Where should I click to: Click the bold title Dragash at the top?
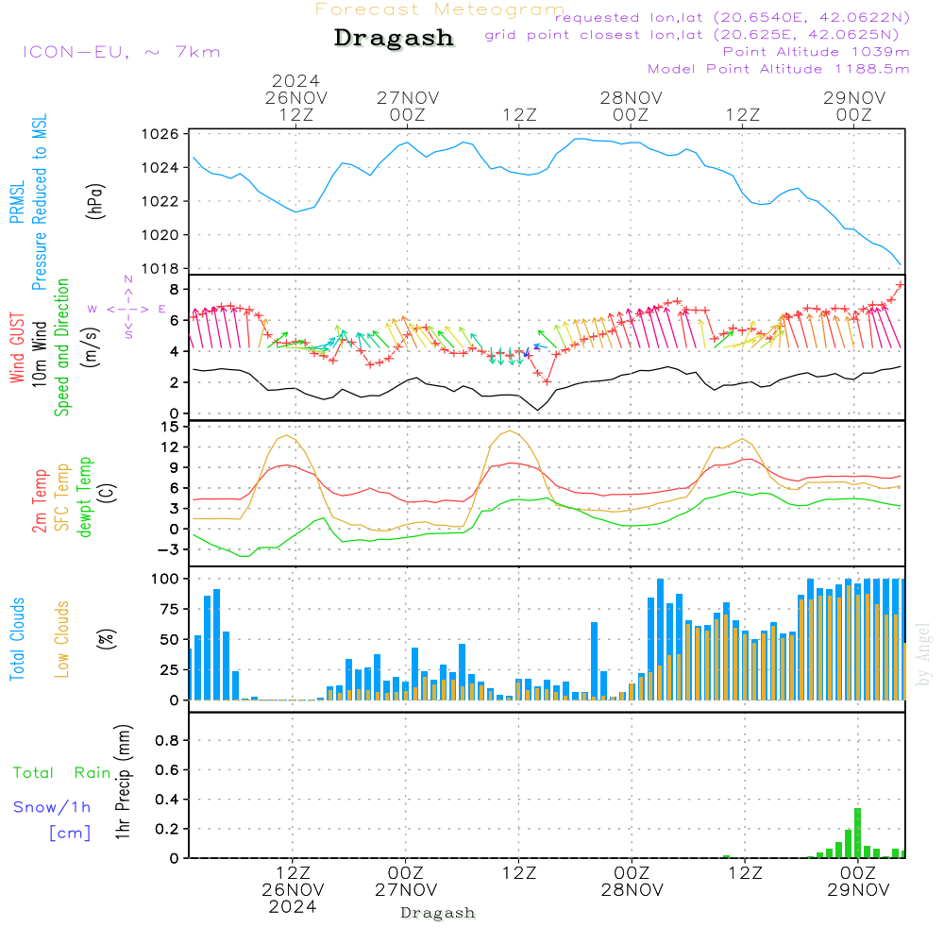coord(394,38)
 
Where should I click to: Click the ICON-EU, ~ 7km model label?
coord(121,52)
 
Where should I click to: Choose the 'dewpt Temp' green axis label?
coord(85,497)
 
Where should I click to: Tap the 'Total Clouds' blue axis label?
coord(17,639)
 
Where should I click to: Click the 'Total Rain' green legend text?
coord(62,773)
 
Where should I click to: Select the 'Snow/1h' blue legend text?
coord(52,807)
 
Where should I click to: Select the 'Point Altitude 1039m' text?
coord(816,51)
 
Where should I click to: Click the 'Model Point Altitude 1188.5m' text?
coord(778,68)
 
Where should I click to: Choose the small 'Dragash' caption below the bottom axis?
coord(438,913)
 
